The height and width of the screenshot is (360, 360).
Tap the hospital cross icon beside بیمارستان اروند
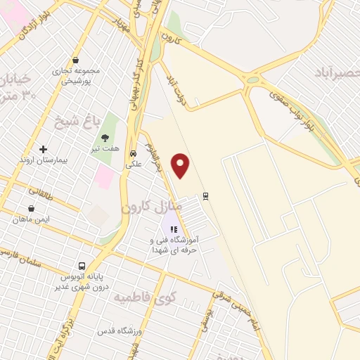[44, 149]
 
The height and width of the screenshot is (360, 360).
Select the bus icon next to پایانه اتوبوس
[82, 266]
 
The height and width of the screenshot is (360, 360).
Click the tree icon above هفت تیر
[105, 138]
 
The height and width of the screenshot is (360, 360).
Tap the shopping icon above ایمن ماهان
[31, 208]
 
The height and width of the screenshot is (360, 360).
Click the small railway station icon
[205, 195]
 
